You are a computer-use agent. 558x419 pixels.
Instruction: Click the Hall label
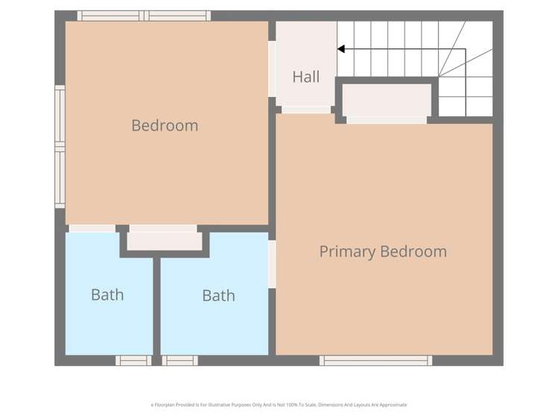coord(305,77)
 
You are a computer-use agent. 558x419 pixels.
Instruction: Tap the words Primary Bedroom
coord(383,251)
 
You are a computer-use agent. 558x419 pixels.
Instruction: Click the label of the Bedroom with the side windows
coord(165,125)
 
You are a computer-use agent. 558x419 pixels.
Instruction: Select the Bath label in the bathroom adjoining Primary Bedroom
coord(218,296)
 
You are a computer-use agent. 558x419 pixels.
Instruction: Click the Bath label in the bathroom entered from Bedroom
coord(107,294)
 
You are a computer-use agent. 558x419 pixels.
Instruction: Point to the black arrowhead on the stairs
coord(341,49)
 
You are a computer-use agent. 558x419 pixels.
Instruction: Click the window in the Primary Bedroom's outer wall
coord(375,361)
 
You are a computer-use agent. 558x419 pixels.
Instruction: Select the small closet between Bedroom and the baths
coord(164,241)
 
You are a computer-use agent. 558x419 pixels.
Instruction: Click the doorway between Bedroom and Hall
coord(272,69)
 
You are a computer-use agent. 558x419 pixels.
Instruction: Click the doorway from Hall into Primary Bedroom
coord(306,110)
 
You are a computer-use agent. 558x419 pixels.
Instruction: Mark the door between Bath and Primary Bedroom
coord(272,264)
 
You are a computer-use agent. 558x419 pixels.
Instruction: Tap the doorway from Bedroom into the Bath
coord(92,228)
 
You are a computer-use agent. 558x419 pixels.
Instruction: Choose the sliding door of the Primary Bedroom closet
coord(387,119)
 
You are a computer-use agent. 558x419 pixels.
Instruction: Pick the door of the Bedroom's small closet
coord(162,228)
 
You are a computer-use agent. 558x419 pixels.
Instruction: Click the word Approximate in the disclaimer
coord(392,405)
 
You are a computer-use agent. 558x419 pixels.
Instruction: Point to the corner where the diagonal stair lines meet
coord(440,76)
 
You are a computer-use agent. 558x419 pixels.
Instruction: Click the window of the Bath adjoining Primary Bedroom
coord(180,361)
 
